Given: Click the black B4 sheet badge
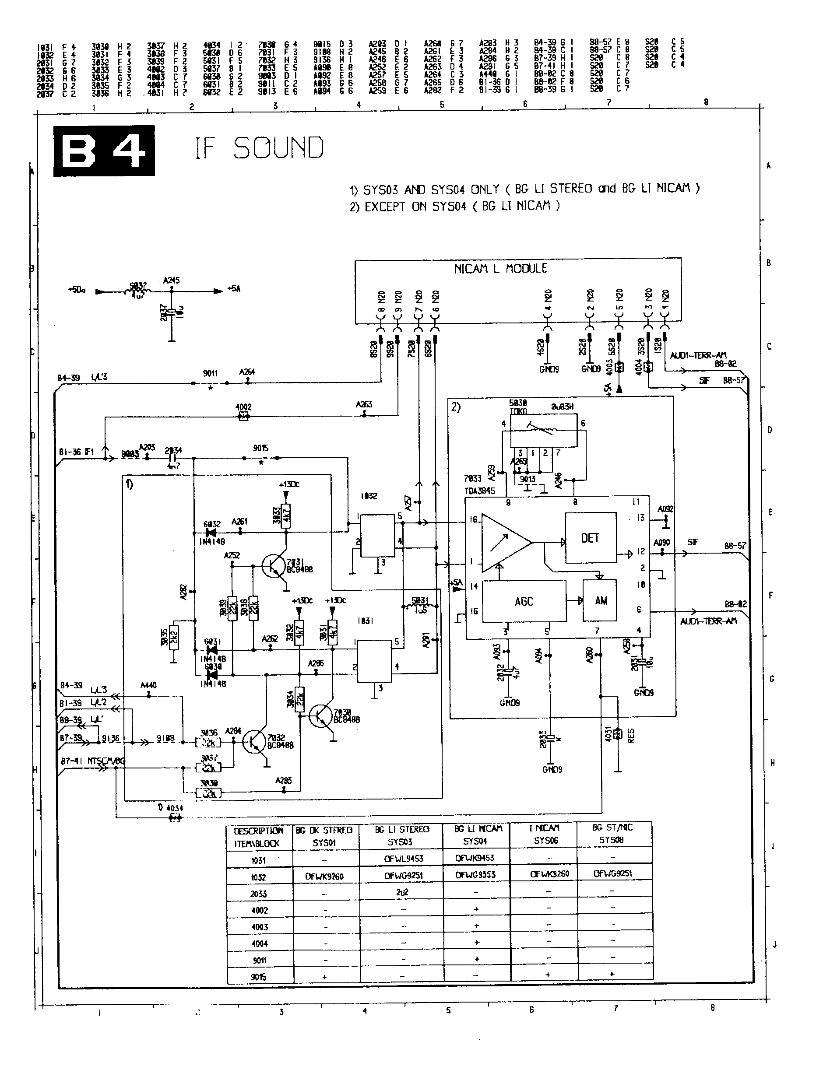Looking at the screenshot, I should [104, 151].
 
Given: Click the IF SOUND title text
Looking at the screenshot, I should [259, 148].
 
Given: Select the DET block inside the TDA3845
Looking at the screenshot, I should [590, 538].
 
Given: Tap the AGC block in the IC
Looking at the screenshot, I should [524, 601].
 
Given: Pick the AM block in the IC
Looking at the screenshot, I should [600, 600].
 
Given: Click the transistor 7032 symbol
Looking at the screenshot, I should [255, 742].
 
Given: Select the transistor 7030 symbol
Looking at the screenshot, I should [321, 716].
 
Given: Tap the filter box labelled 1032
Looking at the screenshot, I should [377, 535].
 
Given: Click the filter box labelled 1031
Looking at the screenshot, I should [374, 661].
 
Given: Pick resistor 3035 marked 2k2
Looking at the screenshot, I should [173, 637].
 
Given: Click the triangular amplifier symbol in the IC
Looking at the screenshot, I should [505, 543].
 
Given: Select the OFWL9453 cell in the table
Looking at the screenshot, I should [403, 859].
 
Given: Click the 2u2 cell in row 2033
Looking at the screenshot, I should [402, 892].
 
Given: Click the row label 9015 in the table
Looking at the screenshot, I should [259, 977].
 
